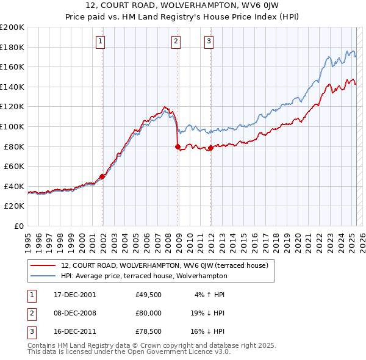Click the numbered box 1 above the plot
coord(100,41)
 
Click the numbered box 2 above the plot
coord(176,41)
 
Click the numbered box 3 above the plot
coord(209,41)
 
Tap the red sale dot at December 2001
coord(102,176)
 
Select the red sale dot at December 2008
coord(178,146)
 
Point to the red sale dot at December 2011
coord(210,148)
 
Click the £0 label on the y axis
coord(19,226)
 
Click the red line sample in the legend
coord(43,265)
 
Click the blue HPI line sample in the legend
coord(43,275)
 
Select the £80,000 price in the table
coord(149,314)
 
